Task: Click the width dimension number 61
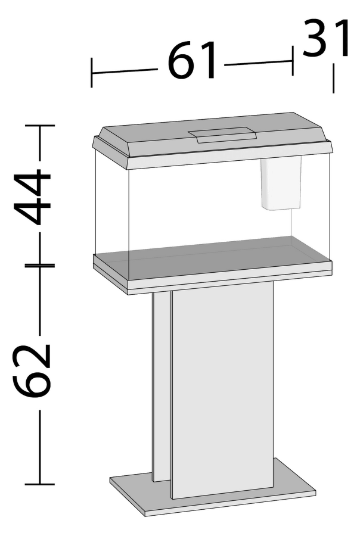point(191,61)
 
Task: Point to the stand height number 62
point(34,369)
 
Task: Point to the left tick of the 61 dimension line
point(92,71)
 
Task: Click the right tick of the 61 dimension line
point(292,62)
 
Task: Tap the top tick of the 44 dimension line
point(40,126)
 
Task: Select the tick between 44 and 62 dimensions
point(40,264)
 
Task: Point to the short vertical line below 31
point(333,79)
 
